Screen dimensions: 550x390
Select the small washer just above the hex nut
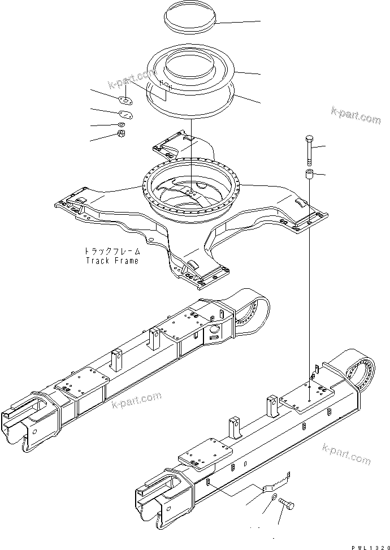click(121, 124)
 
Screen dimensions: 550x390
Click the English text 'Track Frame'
click(111, 261)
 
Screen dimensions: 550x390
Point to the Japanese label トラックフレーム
click(111, 252)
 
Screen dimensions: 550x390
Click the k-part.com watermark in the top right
click(356, 115)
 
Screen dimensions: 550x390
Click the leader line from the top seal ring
click(238, 21)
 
